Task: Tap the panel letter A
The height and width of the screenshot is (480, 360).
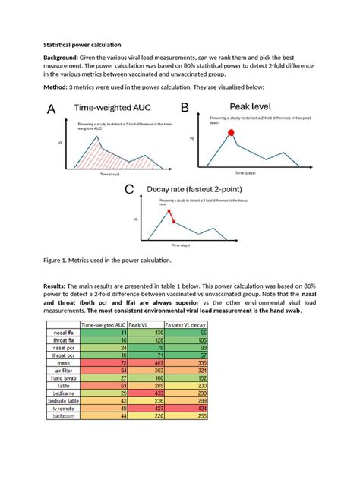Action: (52, 110)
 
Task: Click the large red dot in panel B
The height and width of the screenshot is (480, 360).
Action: (231, 133)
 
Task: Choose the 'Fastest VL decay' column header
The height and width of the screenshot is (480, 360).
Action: (182, 325)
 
